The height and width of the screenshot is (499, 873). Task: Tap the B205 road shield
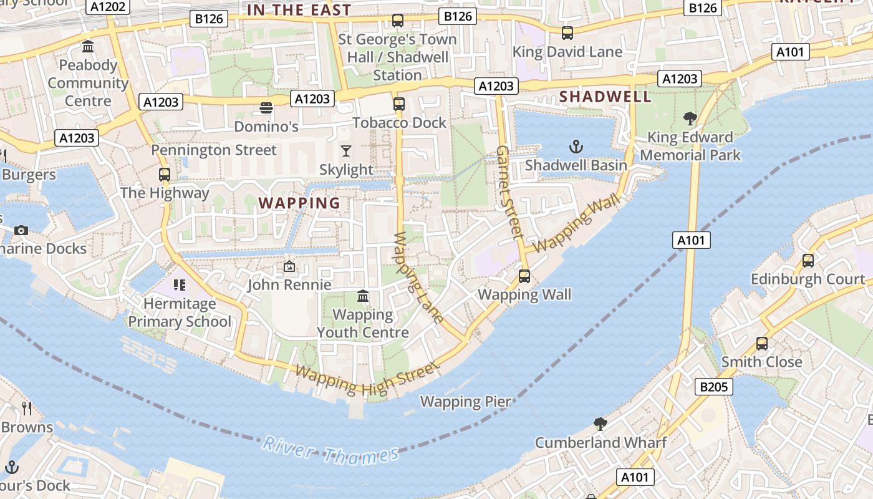click(714, 387)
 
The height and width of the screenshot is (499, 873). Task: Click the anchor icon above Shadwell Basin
click(576, 147)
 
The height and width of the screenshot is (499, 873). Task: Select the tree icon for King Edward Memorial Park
click(690, 119)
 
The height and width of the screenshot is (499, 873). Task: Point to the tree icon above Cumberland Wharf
click(600, 424)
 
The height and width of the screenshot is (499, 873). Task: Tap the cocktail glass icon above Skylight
click(346, 151)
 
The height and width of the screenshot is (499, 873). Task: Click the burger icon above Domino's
click(266, 108)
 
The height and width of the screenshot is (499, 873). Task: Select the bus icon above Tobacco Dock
click(399, 104)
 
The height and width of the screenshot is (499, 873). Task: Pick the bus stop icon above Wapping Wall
click(524, 276)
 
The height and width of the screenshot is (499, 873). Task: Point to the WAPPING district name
click(299, 203)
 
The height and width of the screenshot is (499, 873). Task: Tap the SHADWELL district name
click(605, 97)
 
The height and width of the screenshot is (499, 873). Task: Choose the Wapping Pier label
click(465, 402)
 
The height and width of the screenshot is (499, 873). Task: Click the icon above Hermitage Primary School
click(180, 286)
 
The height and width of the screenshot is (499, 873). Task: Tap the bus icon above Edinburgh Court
click(808, 261)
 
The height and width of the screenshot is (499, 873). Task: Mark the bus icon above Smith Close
click(761, 343)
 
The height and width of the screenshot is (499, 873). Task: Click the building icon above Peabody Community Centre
click(88, 47)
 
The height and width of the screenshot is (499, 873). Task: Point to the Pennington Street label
click(213, 150)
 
